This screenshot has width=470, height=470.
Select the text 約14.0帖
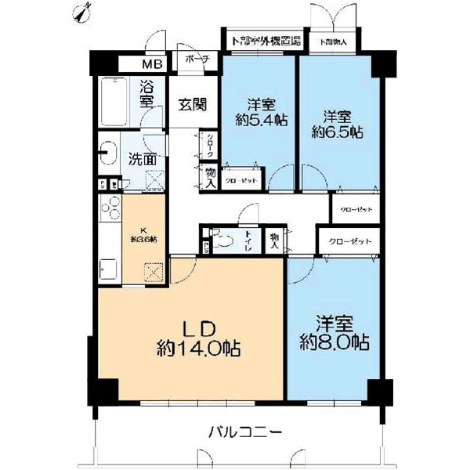click(x=193, y=345)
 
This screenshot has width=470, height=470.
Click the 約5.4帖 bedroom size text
click(x=258, y=120)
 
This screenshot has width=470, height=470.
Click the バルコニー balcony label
click(x=245, y=432)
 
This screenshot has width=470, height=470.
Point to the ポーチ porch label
click(x=193, y=59)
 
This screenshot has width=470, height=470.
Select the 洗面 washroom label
click(x=143, y=157)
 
